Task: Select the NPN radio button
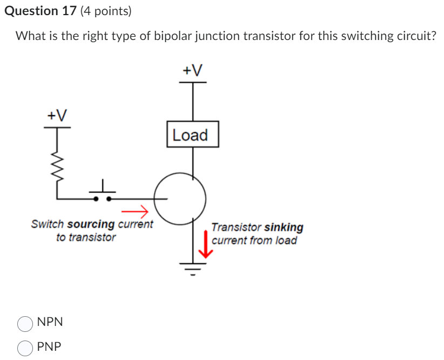(25, 323)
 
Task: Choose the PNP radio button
(25, 348)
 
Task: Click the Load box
(192, 135)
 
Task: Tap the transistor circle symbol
(180, 198)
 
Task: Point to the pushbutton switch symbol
(102, 194)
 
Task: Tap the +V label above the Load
(192, 70)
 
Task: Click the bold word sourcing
(91, 224)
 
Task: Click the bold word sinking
(283, 228)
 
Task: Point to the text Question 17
(40, 11)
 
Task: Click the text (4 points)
(106, 11)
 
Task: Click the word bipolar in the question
(173, 36)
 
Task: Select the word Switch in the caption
(48, 224)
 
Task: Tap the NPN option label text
(50, 322)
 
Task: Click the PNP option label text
(50, 346)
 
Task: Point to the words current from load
(254, 241)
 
